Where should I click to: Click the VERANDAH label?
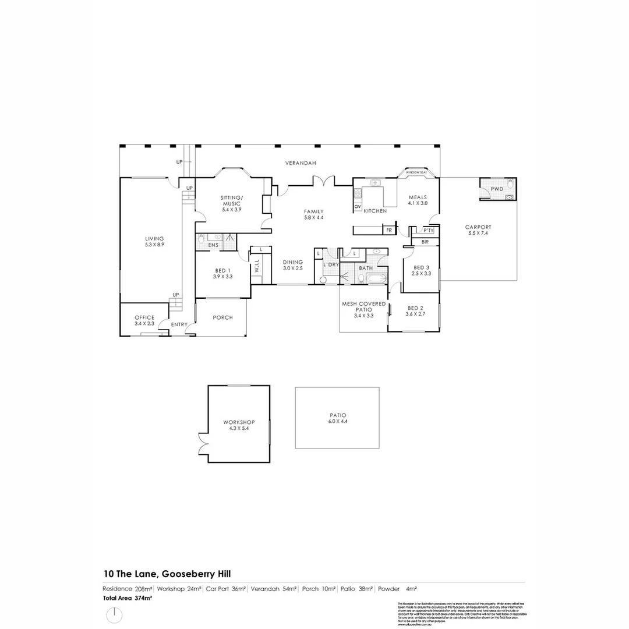(x=301, y=164)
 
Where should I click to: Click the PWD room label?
(x=496, y=189)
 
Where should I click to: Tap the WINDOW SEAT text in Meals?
(x=416, y=173)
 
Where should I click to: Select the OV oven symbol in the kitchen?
(x=358, y=207)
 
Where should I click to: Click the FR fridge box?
(x=388, y=231)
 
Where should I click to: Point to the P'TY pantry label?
(x=428, y=231)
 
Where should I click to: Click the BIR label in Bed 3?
(x=425, y=241)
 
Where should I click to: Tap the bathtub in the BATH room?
(x=373, y=279)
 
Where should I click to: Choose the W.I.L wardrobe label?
(x=256, y=270)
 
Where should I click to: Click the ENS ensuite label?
(x=213, y=246)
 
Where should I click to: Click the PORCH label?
(x=222, y=317)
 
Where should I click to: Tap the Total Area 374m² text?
(x=128, y=598)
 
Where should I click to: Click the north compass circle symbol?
(x=115, y=615)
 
